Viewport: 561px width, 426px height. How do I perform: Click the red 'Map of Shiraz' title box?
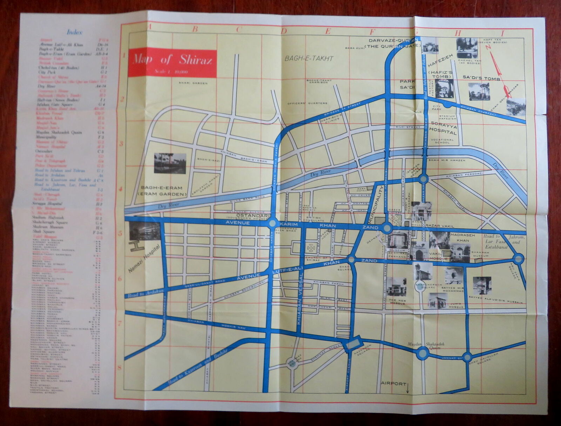[172, 63]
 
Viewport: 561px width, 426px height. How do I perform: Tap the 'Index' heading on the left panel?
[74, 32]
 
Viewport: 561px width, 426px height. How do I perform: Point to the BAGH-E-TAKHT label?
[309, 59]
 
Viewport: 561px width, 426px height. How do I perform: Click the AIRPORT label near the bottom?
[394, 384]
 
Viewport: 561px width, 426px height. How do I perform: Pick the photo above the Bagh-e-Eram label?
[170, 163]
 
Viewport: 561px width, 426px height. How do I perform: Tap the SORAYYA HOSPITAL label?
[444, 128]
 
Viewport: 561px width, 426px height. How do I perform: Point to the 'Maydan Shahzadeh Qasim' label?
[426, 346]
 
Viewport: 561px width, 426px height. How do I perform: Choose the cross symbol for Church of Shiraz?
[311, 247]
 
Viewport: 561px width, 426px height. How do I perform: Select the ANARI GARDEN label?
[193, 83]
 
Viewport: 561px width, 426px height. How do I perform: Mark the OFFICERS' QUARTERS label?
[307, 103]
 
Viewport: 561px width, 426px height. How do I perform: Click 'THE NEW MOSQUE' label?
[397, 302]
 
